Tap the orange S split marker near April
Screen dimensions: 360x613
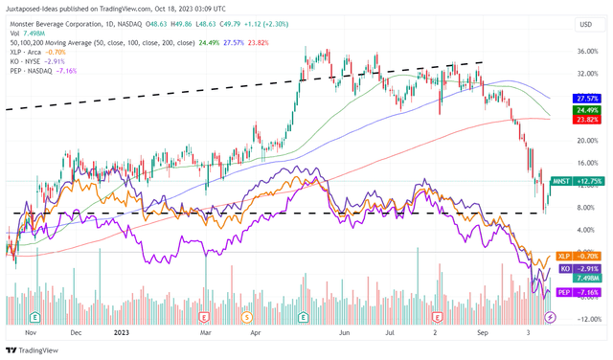click(x=247, y=317)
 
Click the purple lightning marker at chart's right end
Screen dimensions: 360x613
click(x=549, y=317)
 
